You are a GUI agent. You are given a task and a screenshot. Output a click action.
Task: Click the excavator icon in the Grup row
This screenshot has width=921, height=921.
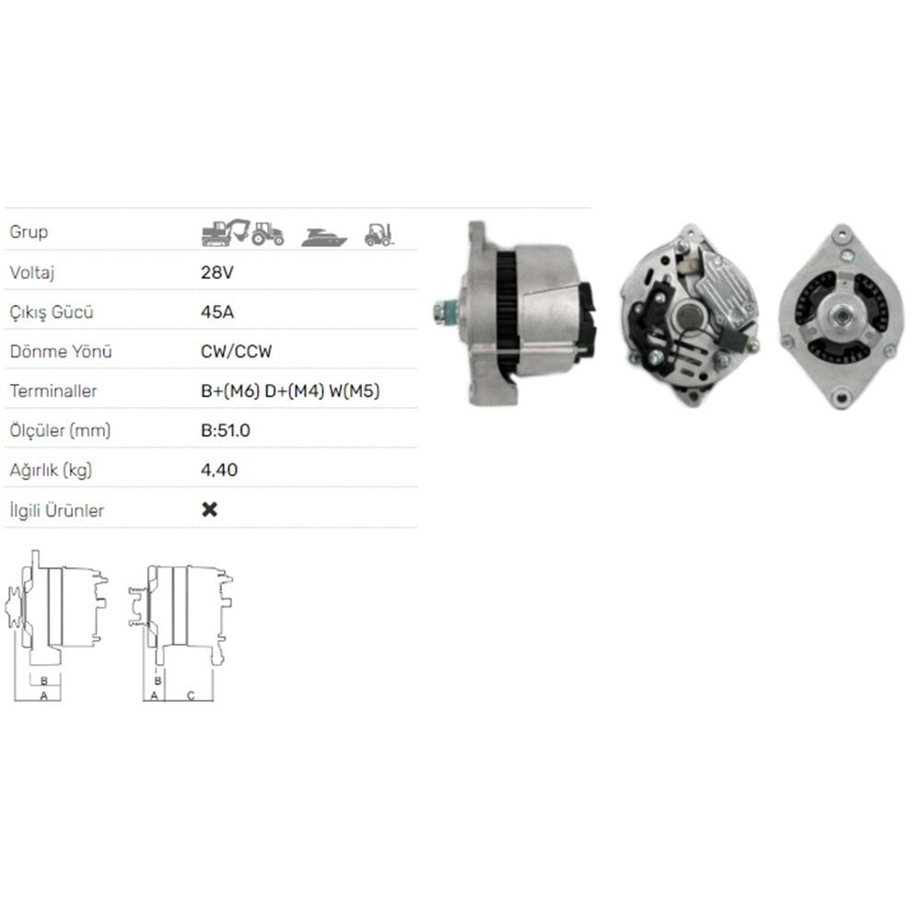(x=226, y=233)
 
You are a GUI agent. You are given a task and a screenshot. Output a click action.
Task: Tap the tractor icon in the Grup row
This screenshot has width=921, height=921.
(x=268, y=233)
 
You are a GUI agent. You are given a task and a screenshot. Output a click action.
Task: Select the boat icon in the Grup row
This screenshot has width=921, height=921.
(x=324, y=238)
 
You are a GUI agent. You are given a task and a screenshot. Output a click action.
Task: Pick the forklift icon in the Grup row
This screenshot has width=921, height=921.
(x=379, y=234)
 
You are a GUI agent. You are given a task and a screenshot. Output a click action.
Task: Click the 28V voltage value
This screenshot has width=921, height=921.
(x=217, y=273)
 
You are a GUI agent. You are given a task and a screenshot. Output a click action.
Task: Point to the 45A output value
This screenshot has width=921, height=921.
(x=217, y=312)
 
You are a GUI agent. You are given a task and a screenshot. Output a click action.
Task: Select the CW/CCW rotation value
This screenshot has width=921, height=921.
(x=236, y=351)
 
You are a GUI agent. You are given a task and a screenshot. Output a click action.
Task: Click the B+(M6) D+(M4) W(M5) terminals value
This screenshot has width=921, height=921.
(x=290, y=391)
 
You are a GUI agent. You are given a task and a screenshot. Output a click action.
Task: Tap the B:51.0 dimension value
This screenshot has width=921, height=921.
(x=226, y=430)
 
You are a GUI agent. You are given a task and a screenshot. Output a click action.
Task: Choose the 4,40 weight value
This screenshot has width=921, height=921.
(x=219, y=470)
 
